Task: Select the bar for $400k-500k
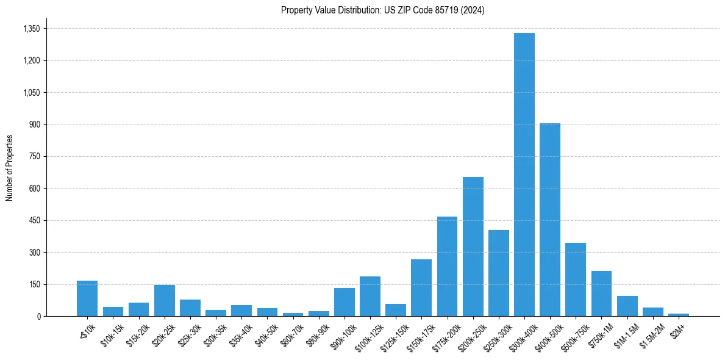click(x=549, y=220)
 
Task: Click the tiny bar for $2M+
click(x=678, y=314)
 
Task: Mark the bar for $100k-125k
click(x=370, y=297)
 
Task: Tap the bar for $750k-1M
click(x=601, y=293)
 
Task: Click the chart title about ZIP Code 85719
click(x=382, y=10)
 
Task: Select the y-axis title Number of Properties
click(x=10, y=168)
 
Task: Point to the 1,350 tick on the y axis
click(x=31, y=29)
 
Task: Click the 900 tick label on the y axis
click(x=34, y=124)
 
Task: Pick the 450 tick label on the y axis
click(x=34, y=220)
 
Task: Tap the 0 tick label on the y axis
click(x=38, y=316)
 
